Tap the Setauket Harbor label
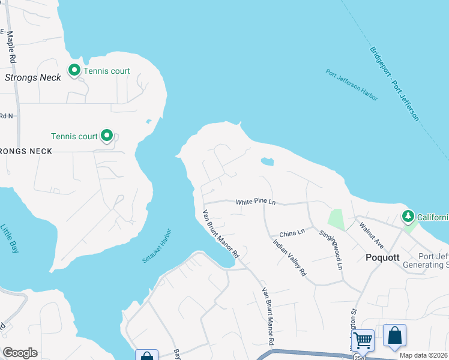157,245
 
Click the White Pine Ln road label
255,202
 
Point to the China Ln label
292,232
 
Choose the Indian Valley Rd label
289,258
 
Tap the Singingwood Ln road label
331,249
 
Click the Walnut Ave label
371,234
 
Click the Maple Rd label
10,47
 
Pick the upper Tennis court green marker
74,71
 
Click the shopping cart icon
363,340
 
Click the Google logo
20,353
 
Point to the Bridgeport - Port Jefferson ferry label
394,84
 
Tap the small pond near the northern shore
267,161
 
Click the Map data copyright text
423,355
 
